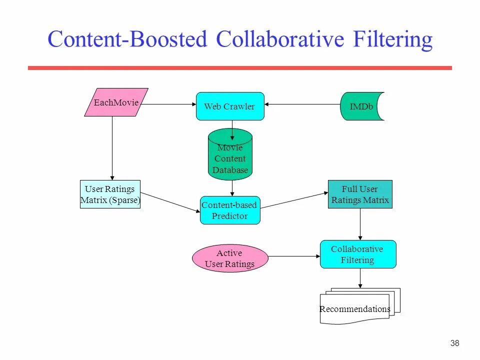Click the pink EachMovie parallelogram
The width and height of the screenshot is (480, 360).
tap(116, 102)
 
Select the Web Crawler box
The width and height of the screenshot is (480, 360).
tap(230, 106)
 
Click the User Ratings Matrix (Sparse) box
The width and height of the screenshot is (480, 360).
tap(110, 194)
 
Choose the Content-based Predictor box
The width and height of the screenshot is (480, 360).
tap(230, 210)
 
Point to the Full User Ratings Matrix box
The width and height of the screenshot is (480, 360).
tap(360, 194)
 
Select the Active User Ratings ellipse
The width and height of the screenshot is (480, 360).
tap(230, 258)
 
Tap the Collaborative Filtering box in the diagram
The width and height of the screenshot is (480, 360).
tap(357, 254)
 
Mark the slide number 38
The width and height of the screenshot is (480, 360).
tap(454, 343)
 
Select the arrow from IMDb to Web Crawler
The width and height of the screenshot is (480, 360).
tap(302, 104)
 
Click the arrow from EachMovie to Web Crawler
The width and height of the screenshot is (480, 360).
tap(167, 104)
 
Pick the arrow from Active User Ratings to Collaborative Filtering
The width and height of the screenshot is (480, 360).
tap(294, 256)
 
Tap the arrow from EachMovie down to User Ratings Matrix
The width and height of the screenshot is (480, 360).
tap(112, 147)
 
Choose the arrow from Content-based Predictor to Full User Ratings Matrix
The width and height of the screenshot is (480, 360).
tap(294, 199)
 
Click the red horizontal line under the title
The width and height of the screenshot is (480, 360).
tap(240, 68)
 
